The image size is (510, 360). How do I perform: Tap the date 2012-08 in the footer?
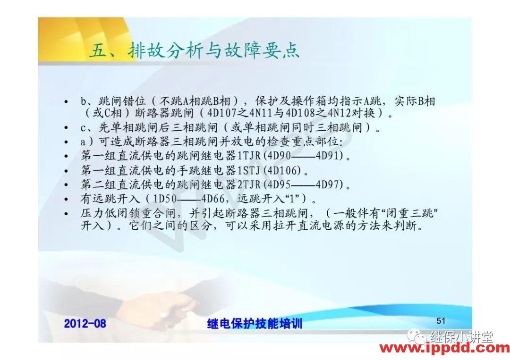(85, 323)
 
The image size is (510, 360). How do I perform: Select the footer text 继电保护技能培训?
(255, 323)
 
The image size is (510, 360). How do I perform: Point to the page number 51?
(441, 321)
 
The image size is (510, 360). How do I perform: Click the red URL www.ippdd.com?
(444, 349)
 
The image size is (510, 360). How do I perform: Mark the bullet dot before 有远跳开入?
(66, 198)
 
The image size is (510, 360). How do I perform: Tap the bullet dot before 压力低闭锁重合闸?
(66, 214)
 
